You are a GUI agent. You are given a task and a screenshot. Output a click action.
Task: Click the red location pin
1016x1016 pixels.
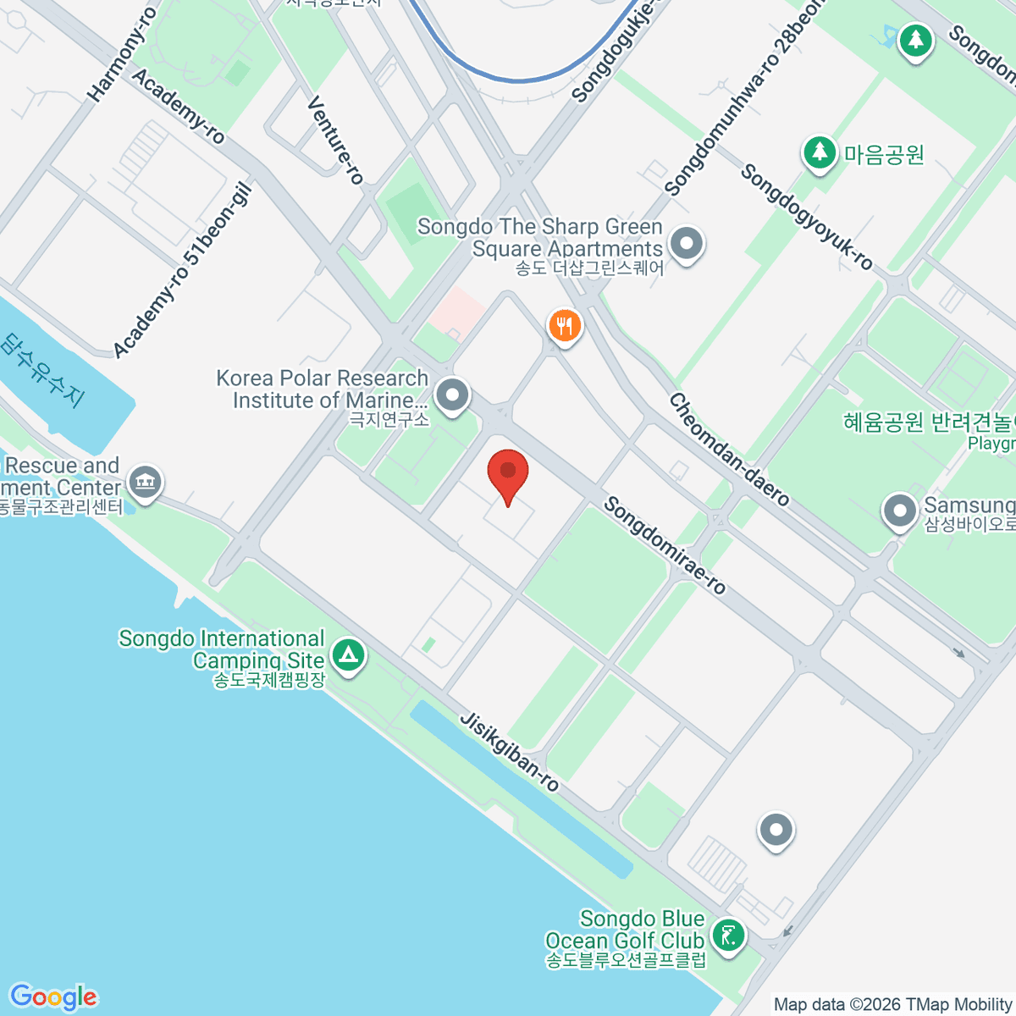click(x=508, y=472)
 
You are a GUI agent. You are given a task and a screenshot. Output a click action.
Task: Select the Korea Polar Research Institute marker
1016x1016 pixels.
click(x=453, y=395)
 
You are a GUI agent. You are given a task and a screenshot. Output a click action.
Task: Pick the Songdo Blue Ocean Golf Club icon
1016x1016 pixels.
click(x=728, y=936)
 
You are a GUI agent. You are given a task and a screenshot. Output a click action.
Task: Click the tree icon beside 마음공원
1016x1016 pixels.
click(x=819, y=153)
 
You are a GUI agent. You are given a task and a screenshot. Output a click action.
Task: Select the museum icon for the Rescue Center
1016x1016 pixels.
click(x=146, y=483)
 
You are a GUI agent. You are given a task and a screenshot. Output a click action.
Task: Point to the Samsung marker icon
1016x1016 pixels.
click(x=899, y=511)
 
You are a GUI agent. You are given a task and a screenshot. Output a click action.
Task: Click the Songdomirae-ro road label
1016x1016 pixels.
click(x=665, y=546)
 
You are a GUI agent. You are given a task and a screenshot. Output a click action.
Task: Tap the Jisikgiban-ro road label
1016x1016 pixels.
click(x=509, y=752)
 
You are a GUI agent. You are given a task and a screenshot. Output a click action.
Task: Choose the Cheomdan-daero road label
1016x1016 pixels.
click(x=729, y=450)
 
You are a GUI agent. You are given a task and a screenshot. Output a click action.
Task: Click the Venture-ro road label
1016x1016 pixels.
click(x=335, y=140)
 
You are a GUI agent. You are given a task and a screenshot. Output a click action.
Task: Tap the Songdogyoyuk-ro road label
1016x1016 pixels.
click(x=806, y=218)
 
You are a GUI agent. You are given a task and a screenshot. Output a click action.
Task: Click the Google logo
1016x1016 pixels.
click(x=53, y=997)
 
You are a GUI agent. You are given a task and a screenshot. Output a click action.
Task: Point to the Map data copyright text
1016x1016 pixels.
click(x=893, y=1005)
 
